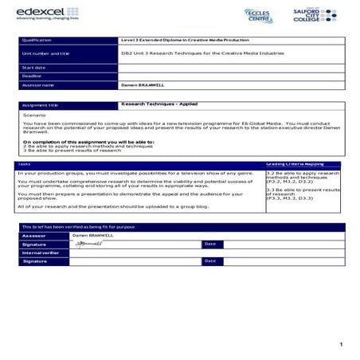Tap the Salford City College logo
tap(317, 15)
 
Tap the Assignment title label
tap(41, 104)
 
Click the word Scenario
tap(35, 115)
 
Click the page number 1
tap(340, 344)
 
